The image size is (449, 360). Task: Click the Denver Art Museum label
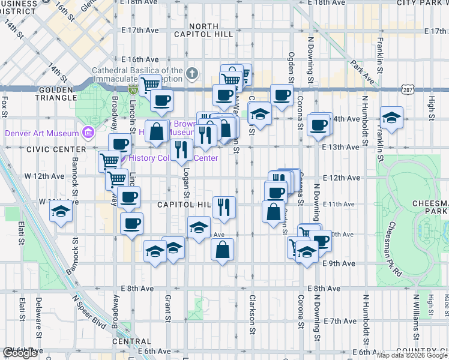(x=41, y=133)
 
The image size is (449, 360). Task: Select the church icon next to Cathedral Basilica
(x=191, y=74)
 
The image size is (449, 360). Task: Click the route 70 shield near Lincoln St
(x=133, y=90)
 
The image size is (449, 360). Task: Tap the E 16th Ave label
(x=139, y=59)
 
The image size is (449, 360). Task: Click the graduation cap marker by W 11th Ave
(x=60, y=211)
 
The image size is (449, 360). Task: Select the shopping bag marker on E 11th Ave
(x=274, y=211)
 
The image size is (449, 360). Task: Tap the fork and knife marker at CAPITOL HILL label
(x=224, y=206)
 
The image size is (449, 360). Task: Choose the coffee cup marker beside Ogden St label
(x=282, y=94)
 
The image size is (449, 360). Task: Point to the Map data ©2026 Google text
(x=412, y=355)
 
